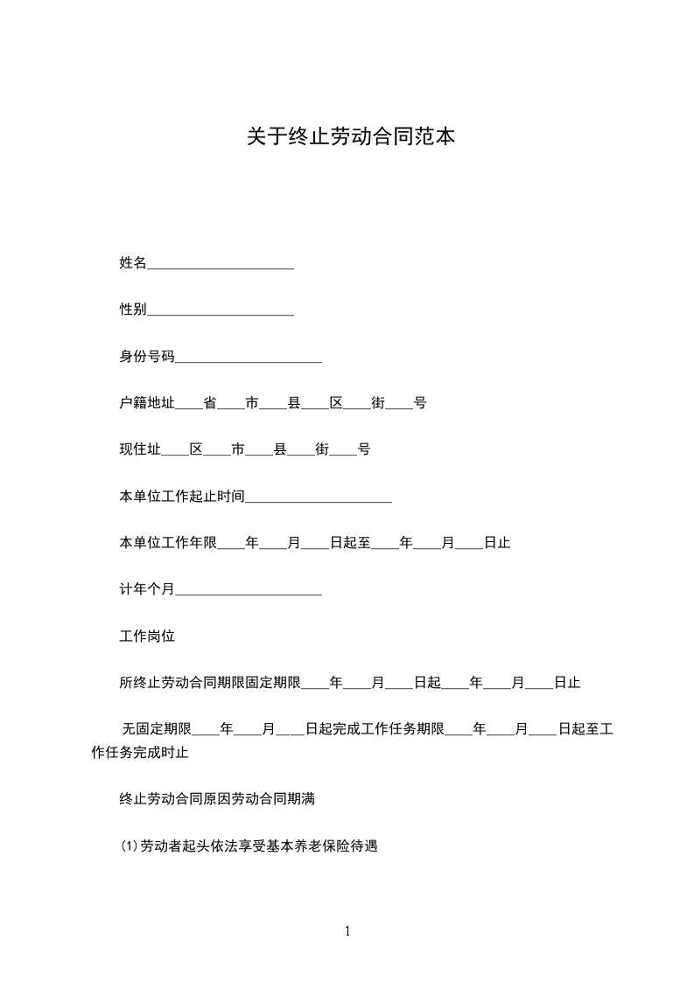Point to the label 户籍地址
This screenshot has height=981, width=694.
click(147, 403)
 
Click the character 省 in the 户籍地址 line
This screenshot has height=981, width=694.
click(210, 403)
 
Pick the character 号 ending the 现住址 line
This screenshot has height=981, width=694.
click(364, 449)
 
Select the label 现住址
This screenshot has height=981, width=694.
click(140, 449)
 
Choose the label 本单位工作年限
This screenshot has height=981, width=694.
click(168, 543)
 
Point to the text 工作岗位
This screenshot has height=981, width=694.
click(147, 637)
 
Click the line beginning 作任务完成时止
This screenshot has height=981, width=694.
click(140, 752)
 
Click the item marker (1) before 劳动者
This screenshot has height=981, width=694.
click(130, 846)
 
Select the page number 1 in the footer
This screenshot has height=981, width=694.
click(347, 932)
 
